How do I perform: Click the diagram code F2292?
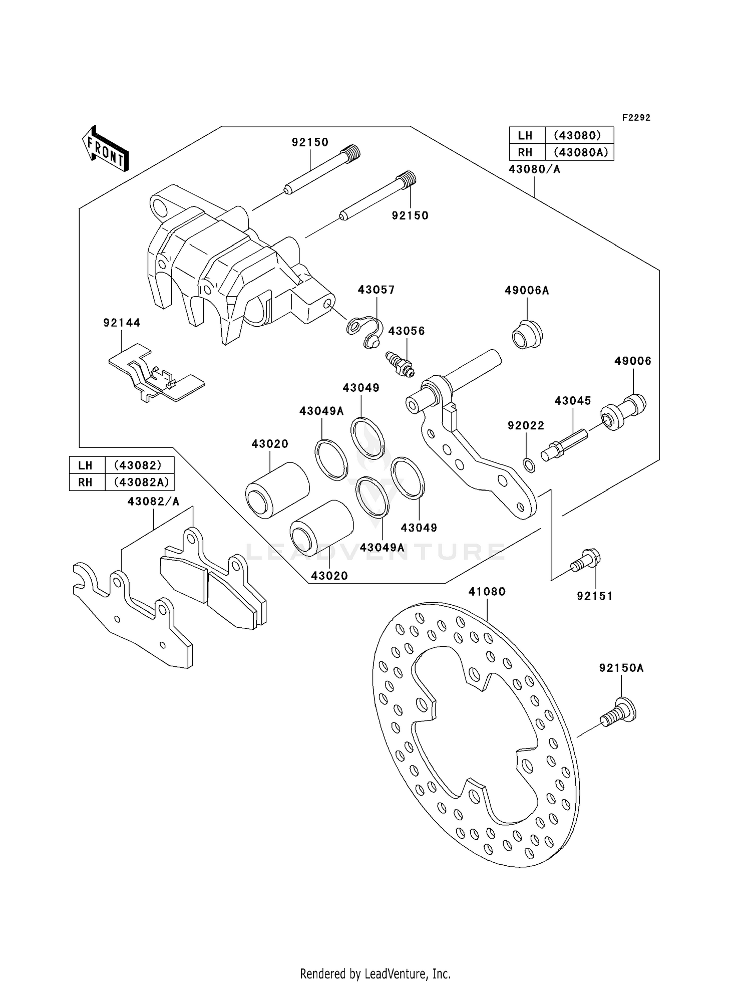point(636,118)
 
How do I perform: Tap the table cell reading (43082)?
point(139,465)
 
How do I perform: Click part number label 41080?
point(487,592)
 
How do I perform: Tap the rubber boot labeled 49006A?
point(527,334)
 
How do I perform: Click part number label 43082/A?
point(153,502)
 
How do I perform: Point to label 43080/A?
point(534,169)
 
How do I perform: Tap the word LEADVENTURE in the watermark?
point(375,552)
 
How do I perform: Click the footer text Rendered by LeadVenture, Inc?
point(375,973)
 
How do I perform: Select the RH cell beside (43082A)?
point(86,482)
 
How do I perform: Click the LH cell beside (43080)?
point(526,135)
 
